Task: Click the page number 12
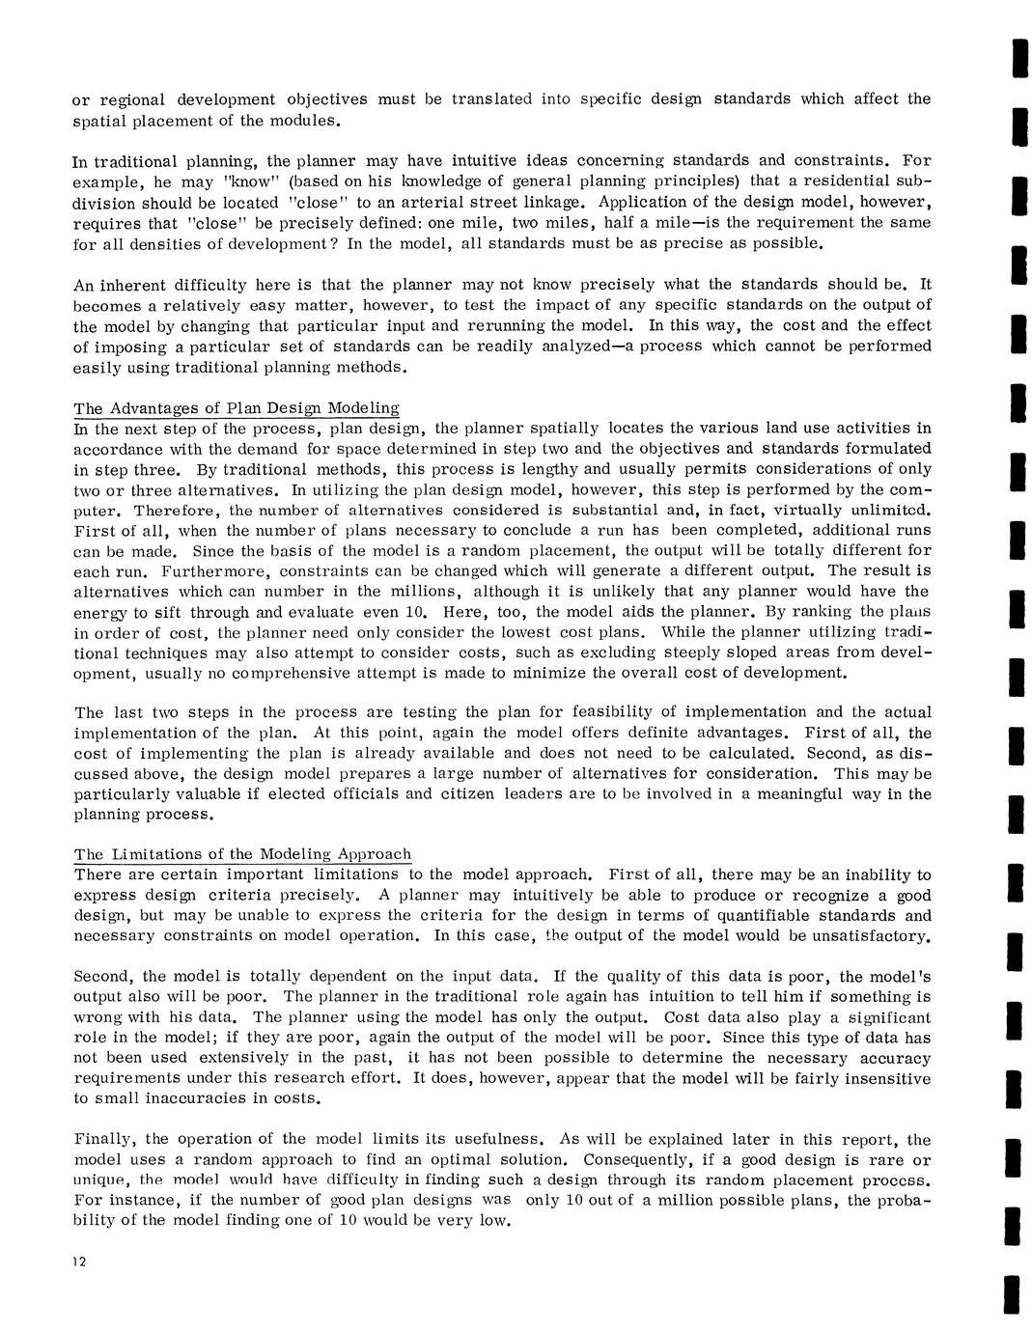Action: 81,1263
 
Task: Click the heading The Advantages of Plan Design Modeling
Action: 237,408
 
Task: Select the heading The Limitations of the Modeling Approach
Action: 242,854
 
